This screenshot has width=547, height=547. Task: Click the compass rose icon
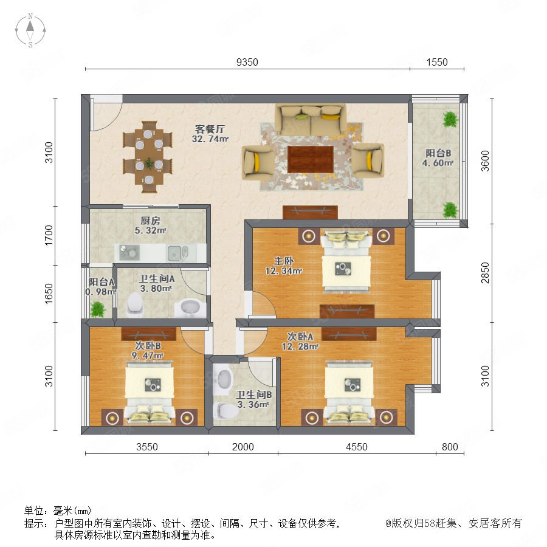(30, 30)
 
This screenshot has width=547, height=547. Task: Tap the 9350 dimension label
(247, 62)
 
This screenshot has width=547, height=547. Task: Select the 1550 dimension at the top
(437, 62)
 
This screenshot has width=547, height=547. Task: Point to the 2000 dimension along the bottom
(243, 447)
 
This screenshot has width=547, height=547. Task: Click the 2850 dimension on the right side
(485, 273)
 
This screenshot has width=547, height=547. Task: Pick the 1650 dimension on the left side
(49, 294)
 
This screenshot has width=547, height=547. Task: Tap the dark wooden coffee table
(310, 159)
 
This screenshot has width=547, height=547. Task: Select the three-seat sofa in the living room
(311, 119)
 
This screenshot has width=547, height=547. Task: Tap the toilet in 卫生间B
(225, 411)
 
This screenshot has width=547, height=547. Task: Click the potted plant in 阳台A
(97, 309)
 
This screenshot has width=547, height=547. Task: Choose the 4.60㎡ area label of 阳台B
(438, 163)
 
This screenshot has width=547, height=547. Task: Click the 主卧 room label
(284, 261)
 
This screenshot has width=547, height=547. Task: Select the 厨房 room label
(150, 221)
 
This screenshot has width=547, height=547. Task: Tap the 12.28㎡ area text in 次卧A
(300, 347)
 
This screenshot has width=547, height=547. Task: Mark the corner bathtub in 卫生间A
(190, 308)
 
